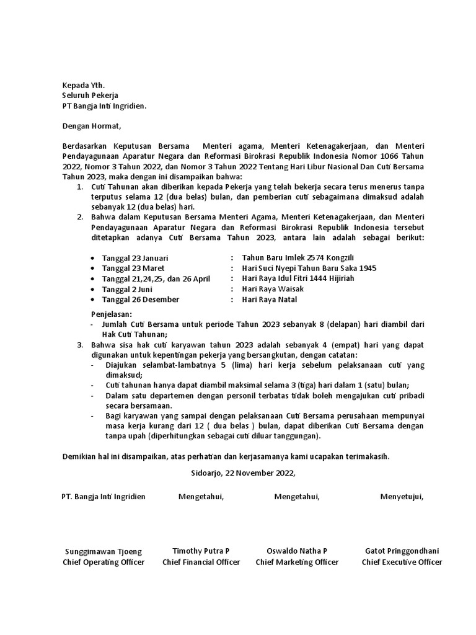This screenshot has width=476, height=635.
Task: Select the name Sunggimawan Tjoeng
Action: (x=104, y=551)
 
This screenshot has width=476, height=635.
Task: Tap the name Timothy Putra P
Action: (x=201, y=551)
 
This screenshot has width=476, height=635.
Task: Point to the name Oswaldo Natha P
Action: (x=297, y=551)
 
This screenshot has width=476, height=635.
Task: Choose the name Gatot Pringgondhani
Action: (x=402, y=551)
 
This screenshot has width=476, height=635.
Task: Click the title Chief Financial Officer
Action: (x=201, y=562)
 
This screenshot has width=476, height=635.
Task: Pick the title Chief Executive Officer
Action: (x=402, y=562)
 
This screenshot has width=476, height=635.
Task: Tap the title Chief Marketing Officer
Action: (x=297, y=562)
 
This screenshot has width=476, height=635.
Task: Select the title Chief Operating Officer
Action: (x=104, y=562)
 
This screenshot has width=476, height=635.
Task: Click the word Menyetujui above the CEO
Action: (x=402, y=497)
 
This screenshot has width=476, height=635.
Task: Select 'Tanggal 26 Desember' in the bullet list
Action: (x=141, y=300)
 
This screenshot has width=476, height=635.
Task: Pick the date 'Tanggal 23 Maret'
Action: (x=133, y=268)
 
